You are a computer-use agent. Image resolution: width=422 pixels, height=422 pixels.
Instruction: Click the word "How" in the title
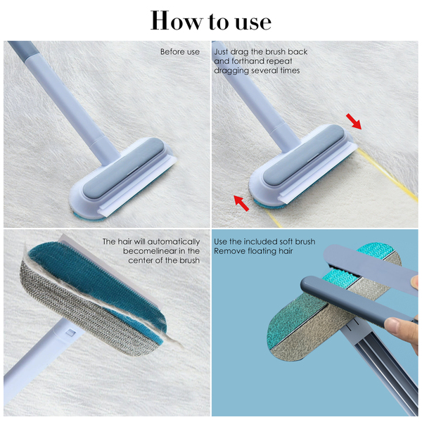tap(177, 20)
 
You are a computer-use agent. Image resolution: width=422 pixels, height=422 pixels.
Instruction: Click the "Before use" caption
tap(180, 51)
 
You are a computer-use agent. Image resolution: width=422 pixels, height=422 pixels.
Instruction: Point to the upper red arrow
tap(354, 121)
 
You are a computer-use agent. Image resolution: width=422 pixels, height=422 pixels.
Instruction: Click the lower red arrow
tap(241, 203)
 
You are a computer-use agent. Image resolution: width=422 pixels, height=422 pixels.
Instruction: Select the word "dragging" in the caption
tap(231, 71)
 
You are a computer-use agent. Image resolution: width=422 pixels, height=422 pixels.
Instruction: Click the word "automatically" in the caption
tap(174, 242)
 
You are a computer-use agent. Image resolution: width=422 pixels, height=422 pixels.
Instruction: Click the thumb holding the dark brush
tap(397, 325)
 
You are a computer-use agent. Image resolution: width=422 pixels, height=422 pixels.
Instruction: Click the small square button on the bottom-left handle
tap(70, 333)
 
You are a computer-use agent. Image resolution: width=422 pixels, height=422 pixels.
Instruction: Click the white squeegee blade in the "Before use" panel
tap(138, 187)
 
